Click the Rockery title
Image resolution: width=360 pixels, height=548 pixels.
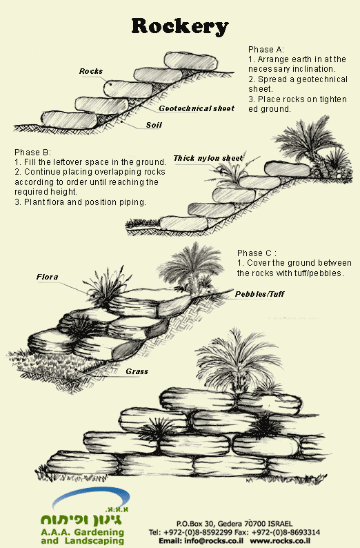(180, 26)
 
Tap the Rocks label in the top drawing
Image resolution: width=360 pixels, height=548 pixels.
(91, 71)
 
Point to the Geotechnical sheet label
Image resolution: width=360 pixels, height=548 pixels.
(197, 108)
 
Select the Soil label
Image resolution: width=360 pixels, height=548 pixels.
(154, 125)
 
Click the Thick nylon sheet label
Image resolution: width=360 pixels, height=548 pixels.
(208, 158)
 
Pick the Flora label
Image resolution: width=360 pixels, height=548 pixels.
(47, 277)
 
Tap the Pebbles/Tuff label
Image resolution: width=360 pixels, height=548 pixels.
(259, 294)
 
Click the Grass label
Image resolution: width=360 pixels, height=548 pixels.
(137, 371)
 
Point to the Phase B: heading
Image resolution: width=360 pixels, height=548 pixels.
(33, 153)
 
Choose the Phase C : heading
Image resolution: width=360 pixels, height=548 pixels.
(257, 253)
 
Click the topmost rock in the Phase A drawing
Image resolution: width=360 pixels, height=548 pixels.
(191, 61)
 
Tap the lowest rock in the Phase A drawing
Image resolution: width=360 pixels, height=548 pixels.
(69, 120)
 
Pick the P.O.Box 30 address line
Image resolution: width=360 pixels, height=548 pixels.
(234, 524)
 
